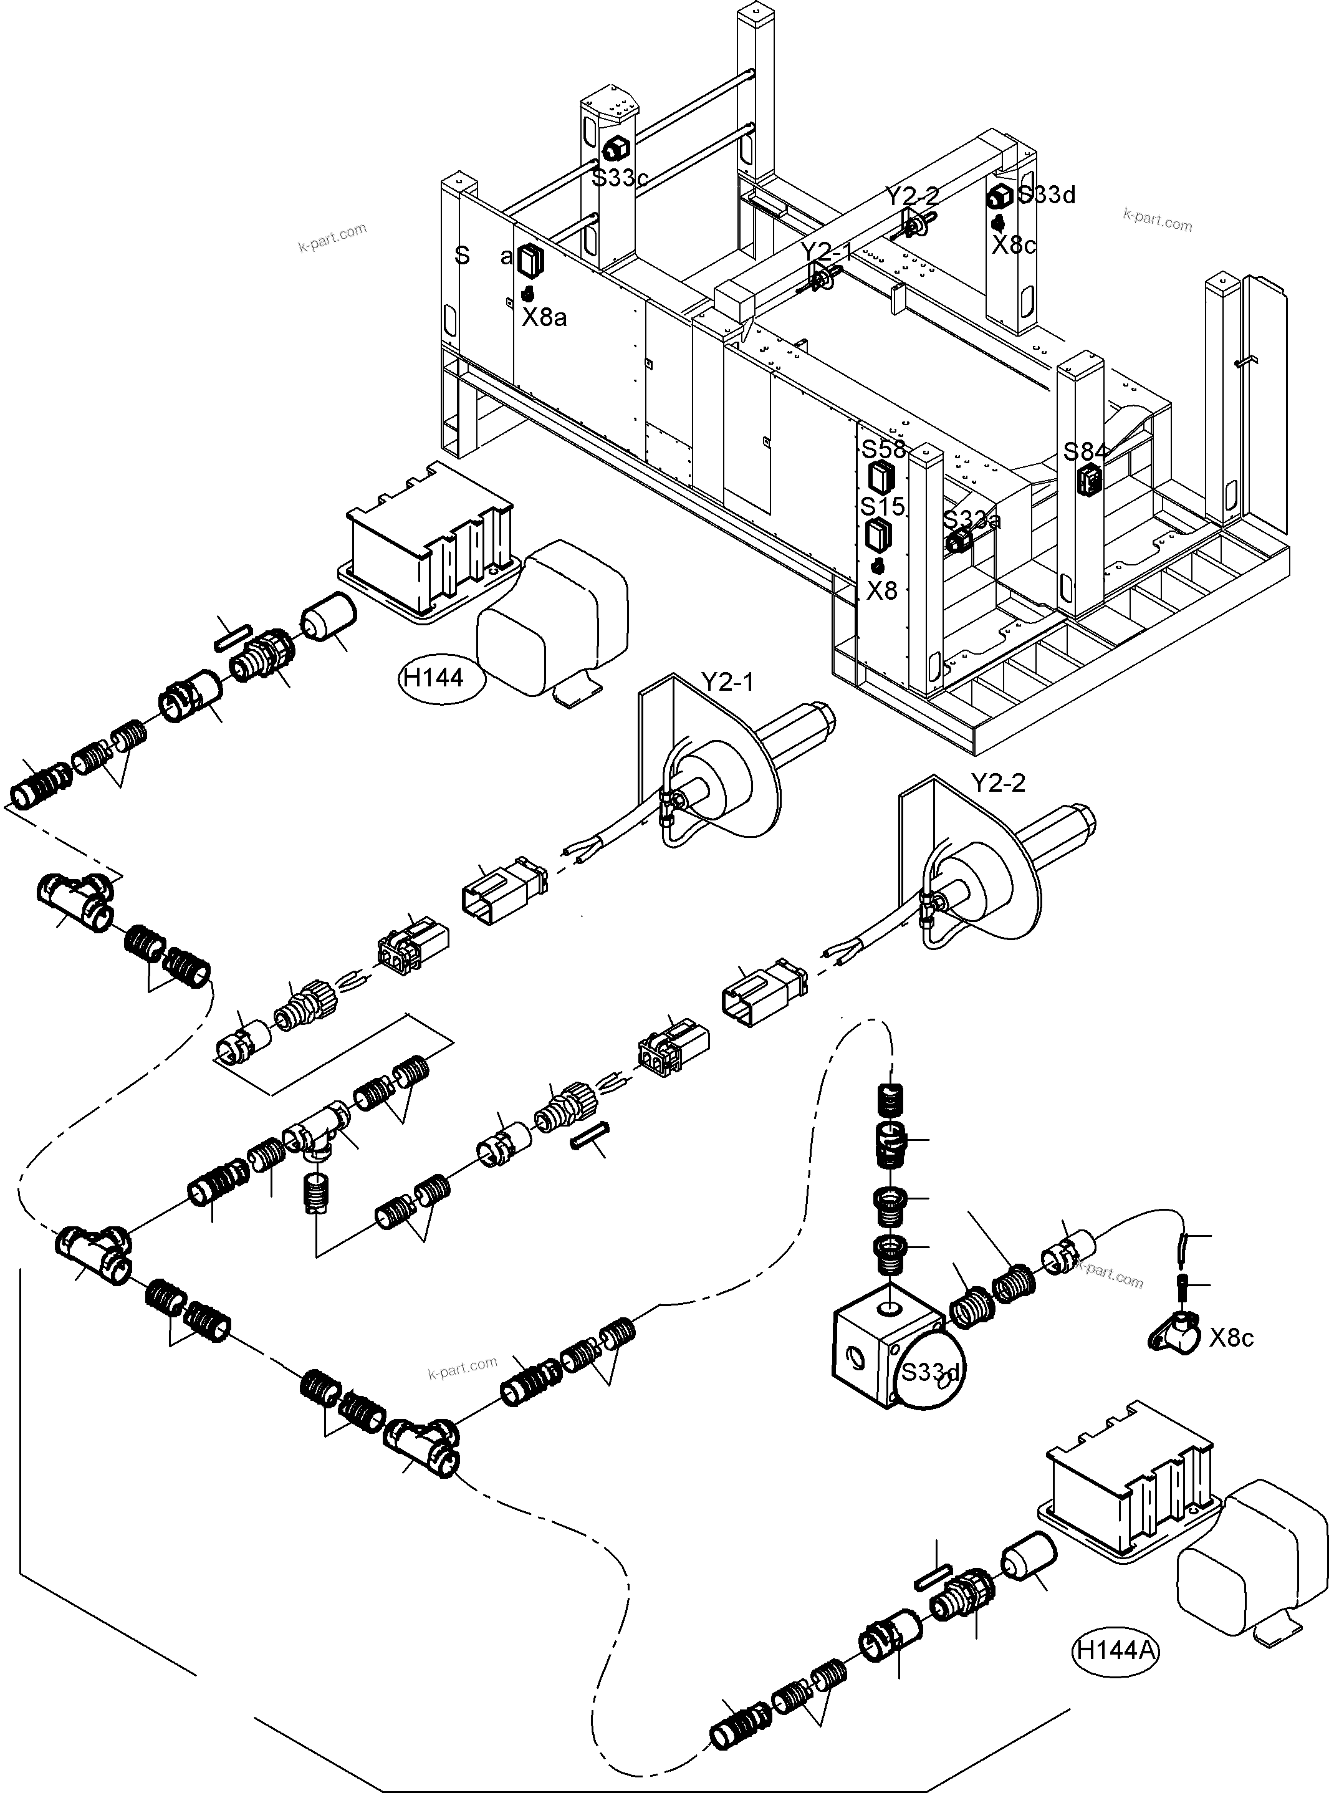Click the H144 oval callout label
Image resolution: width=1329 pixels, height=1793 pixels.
[434, 678]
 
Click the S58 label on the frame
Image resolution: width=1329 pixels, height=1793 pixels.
[883, 448]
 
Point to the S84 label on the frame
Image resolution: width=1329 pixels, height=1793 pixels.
[1085, 452]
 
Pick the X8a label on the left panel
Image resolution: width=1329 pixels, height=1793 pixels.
[545, 319]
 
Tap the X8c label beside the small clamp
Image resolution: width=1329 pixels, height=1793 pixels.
[1232, 1338]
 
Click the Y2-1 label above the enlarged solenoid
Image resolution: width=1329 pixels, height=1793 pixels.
[727, 682]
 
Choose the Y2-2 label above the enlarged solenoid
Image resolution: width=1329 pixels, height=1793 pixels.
[999, 782]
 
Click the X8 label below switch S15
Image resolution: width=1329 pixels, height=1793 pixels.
[881, 591]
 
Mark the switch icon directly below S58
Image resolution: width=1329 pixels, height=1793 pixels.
[878, 477]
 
